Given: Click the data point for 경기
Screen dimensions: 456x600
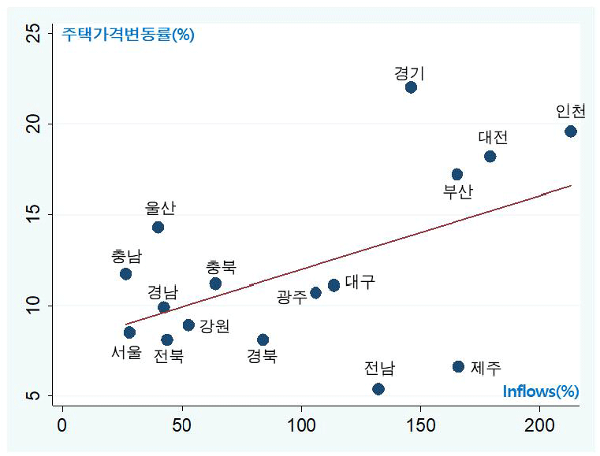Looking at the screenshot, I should (x=411, y=87).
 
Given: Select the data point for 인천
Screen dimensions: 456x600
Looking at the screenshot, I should (x=570, y=131).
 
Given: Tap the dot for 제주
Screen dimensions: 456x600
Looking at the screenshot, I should (x=458, y=366).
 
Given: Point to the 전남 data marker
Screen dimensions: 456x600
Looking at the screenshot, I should (x=378, y=388).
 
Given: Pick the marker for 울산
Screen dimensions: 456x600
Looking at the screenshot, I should (x=158, y=228).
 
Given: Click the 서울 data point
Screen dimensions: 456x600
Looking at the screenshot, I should (x=129, y=332).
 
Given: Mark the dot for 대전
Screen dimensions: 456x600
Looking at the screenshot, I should (x=490, y=156).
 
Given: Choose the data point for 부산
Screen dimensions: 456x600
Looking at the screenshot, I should (x=457, y=174).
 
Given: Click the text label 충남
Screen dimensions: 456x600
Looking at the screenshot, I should (x=127, y=257).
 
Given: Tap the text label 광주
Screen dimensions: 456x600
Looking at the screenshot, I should (x=292, y=297).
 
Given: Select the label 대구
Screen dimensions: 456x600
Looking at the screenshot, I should (x=360, y=282).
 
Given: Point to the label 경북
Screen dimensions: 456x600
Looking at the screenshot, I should (x=262, y=356).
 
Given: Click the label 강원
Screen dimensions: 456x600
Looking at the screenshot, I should (x=214, y=325).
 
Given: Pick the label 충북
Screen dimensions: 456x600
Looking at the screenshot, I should (x=221, y=267).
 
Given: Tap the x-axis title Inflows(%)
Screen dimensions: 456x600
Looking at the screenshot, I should (x=541, y=391).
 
